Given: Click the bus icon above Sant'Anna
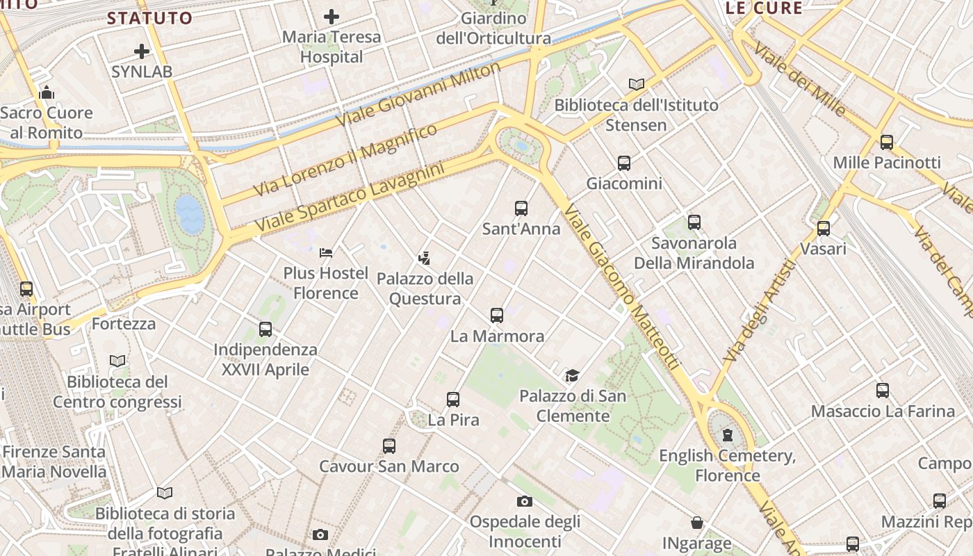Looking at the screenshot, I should (x=521, y=208).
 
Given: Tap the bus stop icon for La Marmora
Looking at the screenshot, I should (x=496, y=316).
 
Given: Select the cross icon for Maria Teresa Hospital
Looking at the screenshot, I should (x=332, y=16).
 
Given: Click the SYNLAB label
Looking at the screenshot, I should (x=142, y=71).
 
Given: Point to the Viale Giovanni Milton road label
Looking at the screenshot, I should (x=418, y=95).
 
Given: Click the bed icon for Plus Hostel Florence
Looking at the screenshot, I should (x=326, y=252).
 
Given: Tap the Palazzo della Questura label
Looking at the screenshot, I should (x=425, y=288).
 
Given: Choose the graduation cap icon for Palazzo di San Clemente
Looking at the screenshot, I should (x=572, y=375).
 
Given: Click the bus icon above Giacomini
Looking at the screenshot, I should (x=624, y=163).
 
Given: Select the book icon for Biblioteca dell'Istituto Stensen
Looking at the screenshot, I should (x=636, y=84).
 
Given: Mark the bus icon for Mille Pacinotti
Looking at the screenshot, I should (x=887, y=142).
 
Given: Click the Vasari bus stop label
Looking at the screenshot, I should (x=823, y=248).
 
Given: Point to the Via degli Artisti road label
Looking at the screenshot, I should (x=759, y=311).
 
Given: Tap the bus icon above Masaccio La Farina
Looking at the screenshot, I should (x=883, y=391).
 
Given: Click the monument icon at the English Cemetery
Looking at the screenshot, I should (x=728, y=436).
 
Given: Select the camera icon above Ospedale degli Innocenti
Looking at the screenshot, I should (x=525, y=501).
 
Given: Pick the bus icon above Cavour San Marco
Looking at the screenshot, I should (x=389, y=446).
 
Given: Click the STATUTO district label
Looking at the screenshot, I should (x=149, y=18).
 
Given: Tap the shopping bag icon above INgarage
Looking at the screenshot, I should (x=697, y=523).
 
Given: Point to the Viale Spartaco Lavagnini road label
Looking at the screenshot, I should (x=349, y=198).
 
